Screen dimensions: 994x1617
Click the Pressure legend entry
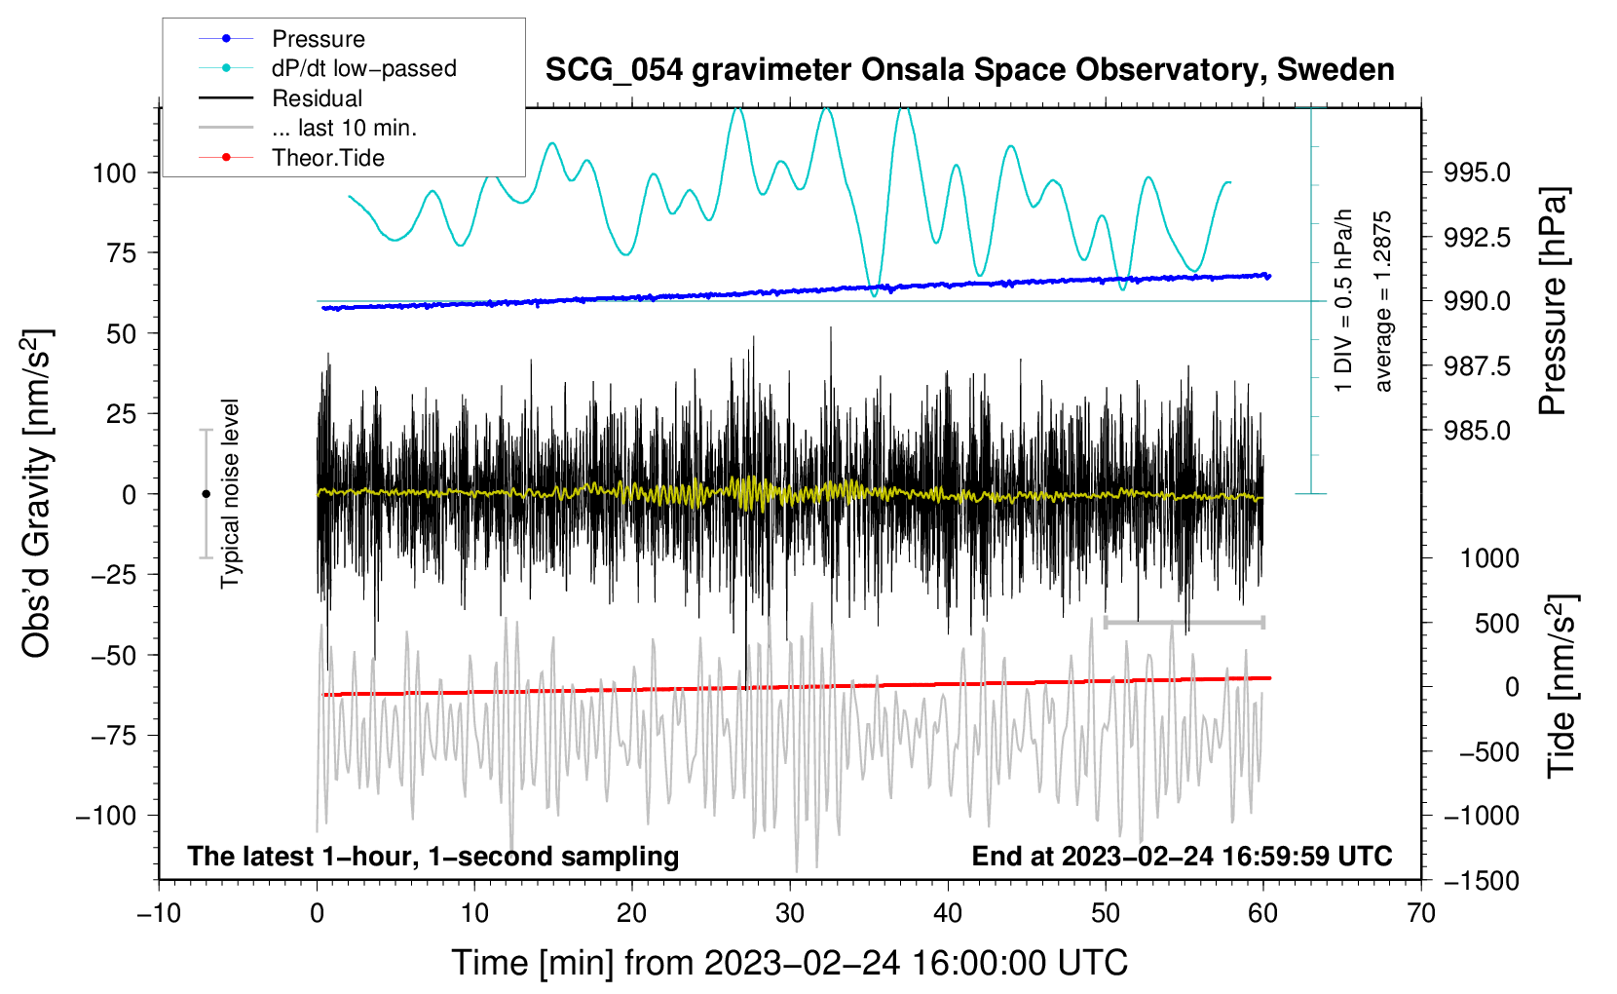[318, 39]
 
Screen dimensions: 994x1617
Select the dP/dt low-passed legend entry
[363, 68]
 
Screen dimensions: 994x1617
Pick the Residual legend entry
[317, 98]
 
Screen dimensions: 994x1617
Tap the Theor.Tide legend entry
[327, 158]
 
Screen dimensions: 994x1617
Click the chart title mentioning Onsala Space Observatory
[969, 70]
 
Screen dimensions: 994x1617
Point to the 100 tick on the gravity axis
[114, 173]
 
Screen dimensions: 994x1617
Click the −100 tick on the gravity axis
[106, 816]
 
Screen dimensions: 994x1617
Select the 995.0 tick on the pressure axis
[1478, 173]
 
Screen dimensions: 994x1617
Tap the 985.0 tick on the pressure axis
[1478, 431]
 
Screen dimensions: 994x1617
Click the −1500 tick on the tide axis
[1483, 881]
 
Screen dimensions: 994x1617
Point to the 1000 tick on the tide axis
[1489, 558]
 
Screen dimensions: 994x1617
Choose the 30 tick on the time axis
[790, 913]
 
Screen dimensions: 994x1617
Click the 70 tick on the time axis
[1421, 913]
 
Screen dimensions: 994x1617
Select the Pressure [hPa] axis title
[1553, 302]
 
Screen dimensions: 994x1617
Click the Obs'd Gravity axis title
[37, 494]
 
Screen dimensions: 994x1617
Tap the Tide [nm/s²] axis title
[1561, 686]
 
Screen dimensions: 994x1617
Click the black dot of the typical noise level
[206, 494]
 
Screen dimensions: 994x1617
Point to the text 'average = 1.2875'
[1383, 302]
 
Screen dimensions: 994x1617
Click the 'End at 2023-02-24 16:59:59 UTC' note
[1182, 857]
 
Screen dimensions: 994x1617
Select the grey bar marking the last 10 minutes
[1185, 622]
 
